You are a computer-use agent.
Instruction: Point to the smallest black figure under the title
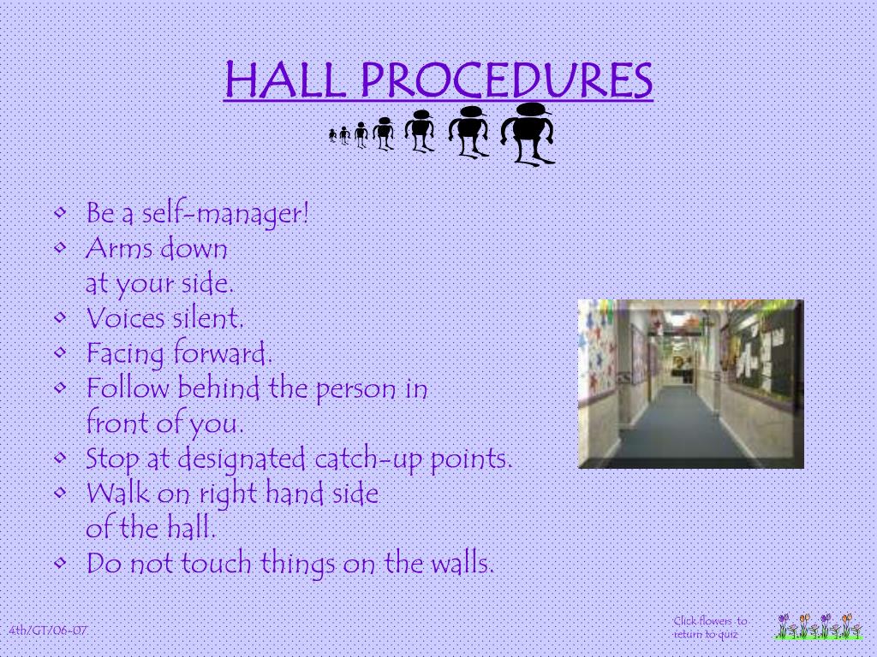332,134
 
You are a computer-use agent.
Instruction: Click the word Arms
120,249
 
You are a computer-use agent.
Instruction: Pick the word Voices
125,318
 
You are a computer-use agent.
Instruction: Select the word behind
218,389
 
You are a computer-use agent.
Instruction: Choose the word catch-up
367,459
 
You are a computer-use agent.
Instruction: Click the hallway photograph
690,383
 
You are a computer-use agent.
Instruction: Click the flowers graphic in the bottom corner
819,627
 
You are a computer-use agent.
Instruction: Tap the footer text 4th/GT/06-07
48,630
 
